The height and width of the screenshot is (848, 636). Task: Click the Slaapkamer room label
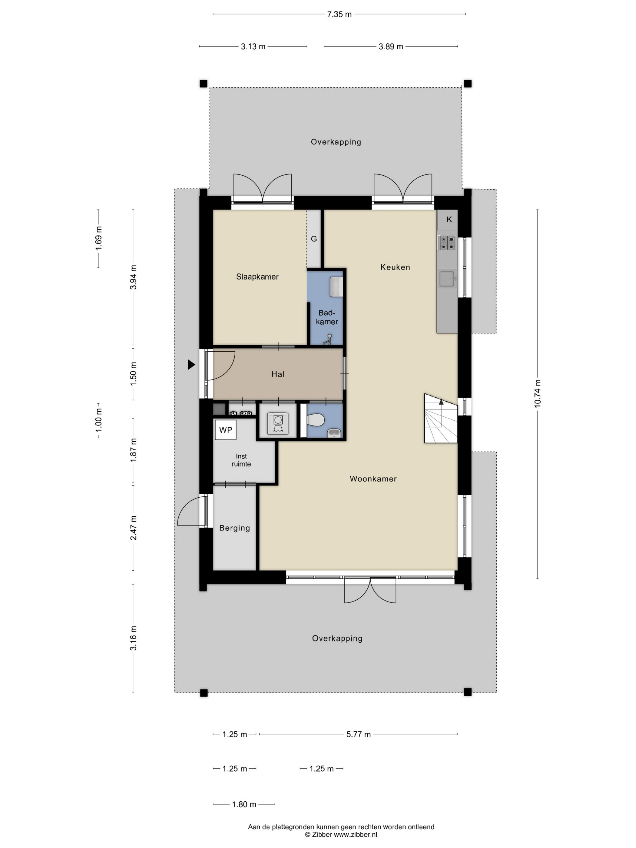[257, 277]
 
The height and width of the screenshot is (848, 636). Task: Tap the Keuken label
[395, 267]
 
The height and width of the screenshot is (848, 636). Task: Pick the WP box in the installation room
[225, 430]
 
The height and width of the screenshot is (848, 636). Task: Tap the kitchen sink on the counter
[447, 279]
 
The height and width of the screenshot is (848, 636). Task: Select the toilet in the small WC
[316, 419]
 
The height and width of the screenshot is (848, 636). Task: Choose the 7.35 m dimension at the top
[339, 14]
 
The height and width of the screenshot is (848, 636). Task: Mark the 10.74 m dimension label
[538, 394]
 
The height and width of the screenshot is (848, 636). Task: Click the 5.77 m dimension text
[359, 734]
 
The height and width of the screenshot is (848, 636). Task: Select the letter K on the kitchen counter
[449, 219]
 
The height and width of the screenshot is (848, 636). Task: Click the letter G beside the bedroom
[313, 239]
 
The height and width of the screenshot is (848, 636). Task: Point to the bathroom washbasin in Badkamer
[336, 287]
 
